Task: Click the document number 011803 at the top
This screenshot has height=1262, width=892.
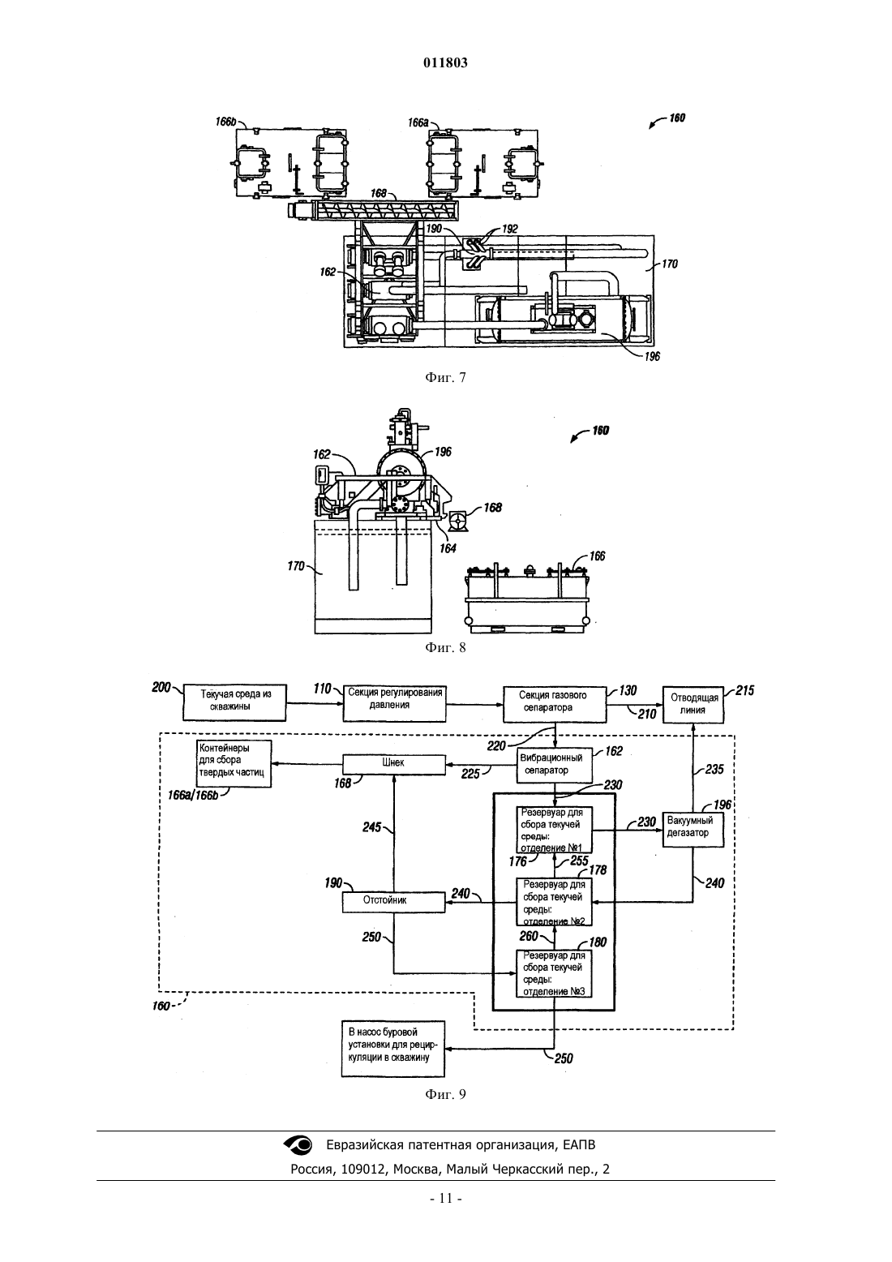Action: point(445,62)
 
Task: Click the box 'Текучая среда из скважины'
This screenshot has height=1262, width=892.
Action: point(234,702)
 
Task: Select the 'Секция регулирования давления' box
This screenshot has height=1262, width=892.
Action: point(394,702)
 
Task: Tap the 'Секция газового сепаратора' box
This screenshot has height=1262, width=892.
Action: point(555,704)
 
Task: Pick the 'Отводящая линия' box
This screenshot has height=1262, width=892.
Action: point(693,705)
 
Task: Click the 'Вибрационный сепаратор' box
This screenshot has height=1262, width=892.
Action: point(555,766)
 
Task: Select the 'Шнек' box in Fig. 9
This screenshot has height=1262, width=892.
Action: point(394,764)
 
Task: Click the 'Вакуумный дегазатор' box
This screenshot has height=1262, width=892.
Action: point(693,830)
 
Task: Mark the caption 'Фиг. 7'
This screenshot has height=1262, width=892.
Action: point(445,377)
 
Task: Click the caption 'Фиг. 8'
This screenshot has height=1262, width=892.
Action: point(445,647)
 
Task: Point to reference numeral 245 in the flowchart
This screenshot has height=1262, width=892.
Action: point(372,827)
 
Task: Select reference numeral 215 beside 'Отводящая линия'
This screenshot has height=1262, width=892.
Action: point(744,691)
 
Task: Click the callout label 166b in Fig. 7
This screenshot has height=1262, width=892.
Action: point(225,122)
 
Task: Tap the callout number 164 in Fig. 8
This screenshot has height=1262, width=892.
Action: point(448,548)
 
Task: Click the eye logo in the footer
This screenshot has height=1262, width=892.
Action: point(298,1144)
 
